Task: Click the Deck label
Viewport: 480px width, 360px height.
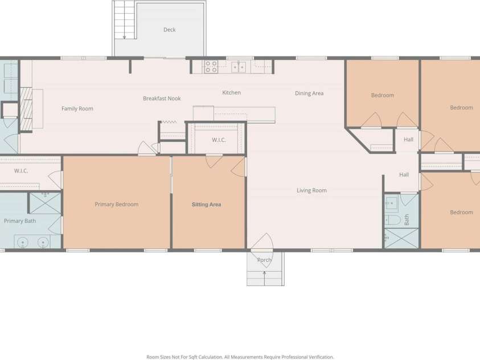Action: coord(169,30)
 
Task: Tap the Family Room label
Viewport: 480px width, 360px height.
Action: coord(77,109)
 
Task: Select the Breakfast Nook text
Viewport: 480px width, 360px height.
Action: coord(162,99)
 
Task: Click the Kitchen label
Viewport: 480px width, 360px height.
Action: coord(231,92)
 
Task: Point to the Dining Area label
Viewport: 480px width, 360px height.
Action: coord(309,93)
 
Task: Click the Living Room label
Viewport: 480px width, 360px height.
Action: coord(311,190)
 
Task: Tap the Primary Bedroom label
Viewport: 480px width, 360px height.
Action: coord(116,204)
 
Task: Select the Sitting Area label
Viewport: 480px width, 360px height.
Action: coord(206,204)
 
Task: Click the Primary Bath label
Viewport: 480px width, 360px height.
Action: coord(20,221)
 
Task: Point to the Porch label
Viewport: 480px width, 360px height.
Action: coord(264,260)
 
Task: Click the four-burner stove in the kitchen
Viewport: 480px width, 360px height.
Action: coord(211,67)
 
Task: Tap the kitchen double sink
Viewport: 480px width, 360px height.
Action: coord(239,67)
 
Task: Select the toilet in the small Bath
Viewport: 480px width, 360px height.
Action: coord(393,220)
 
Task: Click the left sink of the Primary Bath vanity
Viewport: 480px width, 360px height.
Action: coord(22,243)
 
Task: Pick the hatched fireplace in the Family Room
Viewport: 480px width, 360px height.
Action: coord(26,109)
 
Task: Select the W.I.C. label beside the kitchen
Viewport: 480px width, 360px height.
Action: coord(219,140)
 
